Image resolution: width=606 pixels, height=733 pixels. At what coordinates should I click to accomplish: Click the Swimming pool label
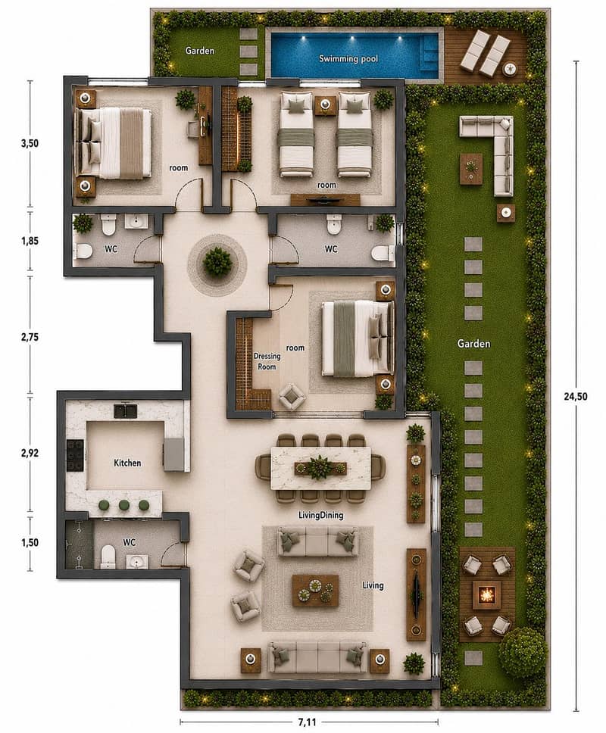[x=348, y=59]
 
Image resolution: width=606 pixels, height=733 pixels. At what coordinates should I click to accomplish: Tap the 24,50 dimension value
[x=575, y=397]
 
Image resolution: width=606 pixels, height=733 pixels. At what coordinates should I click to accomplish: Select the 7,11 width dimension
[x=308, y=722]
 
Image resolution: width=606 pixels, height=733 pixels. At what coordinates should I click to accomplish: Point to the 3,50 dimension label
[x=30, y=144]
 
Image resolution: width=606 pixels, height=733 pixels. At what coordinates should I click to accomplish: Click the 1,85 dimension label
[x=30, y=242]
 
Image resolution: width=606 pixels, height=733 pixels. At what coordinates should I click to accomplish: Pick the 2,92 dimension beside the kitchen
[x=30, y=453]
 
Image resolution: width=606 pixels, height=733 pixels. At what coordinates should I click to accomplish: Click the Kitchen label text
[x=127, y=463]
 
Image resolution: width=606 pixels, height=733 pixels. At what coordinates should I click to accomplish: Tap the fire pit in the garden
[x=487, y=595]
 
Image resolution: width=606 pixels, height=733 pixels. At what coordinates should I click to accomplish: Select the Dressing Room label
[x=267, y=361]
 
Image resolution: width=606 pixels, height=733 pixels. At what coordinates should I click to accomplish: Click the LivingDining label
[x=320, y=515]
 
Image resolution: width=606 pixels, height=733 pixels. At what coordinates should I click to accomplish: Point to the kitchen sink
[x=126, y=411]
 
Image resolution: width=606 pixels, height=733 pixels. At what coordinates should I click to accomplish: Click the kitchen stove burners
[x=75, y=455]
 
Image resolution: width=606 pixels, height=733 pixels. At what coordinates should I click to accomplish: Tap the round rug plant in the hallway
[x=217, y=260]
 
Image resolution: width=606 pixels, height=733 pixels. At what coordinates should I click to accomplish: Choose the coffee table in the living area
[x=315, y=591]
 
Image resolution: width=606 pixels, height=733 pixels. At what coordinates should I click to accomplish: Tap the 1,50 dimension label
[x=30, y=543]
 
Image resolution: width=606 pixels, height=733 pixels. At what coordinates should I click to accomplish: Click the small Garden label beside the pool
[x=200, y=51]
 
